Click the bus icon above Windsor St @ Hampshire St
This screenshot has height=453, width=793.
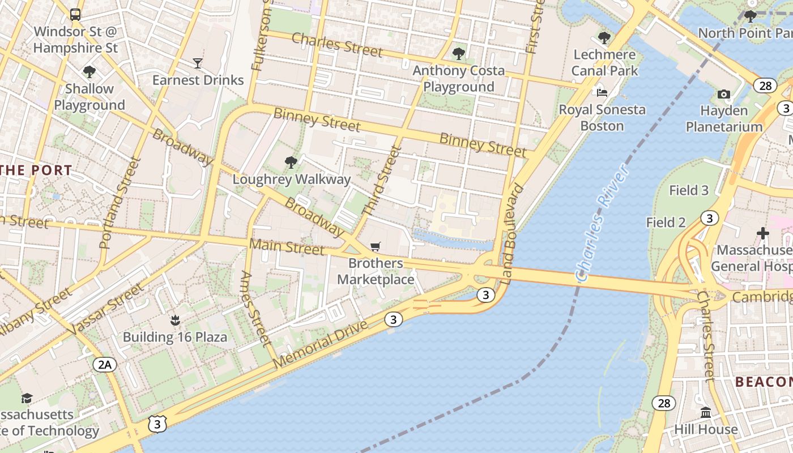75,14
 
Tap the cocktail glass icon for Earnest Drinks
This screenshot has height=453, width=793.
198,63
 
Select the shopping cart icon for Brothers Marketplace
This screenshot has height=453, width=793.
375,246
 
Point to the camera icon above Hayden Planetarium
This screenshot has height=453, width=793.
723,94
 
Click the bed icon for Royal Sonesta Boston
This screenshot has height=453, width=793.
602,92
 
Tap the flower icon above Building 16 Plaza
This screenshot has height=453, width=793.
175,321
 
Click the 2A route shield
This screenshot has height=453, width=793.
105,364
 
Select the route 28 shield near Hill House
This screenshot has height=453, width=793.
663,403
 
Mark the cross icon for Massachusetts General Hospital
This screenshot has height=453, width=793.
763,233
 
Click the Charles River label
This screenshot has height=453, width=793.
602,223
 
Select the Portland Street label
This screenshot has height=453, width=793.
120,203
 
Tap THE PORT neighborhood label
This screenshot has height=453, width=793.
36,170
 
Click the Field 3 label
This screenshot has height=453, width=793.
689,190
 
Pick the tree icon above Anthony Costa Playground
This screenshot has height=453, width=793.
458,54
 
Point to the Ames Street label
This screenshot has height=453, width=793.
255,309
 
